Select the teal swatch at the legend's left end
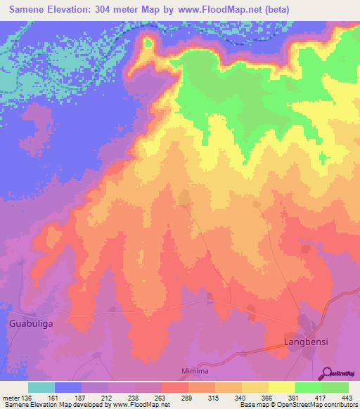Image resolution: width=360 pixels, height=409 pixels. [x=41, y=387]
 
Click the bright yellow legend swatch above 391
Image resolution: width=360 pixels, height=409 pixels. [x=281, y=387]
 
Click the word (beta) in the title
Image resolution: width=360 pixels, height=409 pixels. [x=272, y=10]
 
